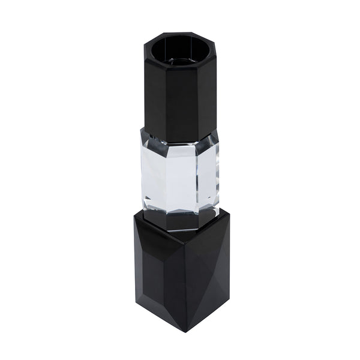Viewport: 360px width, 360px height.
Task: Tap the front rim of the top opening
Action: pos(179,65)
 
